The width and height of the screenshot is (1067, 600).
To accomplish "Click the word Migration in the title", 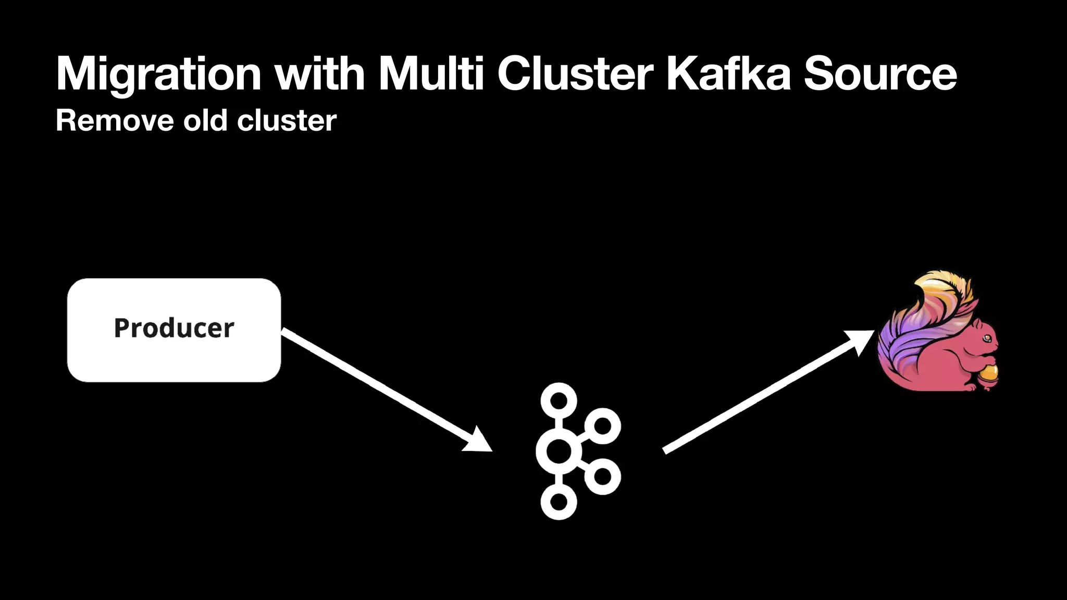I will point(158,74).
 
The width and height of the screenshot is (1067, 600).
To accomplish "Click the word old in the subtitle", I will point(205,121).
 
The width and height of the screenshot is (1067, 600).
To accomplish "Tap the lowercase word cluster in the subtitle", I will point(287,121).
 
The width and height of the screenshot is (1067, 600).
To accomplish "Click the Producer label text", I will point(174,328).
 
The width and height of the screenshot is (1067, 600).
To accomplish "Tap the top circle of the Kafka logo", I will point(559,401).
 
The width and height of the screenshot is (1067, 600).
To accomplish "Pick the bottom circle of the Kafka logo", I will point(559,502).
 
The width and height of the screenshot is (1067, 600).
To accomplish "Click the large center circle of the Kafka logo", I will point(559,451).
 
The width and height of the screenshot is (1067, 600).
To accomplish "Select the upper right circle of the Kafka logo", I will point(602,426).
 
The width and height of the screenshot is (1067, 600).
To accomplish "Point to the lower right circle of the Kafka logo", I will point(602,476).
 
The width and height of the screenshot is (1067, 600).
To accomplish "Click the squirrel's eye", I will point(986,339).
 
